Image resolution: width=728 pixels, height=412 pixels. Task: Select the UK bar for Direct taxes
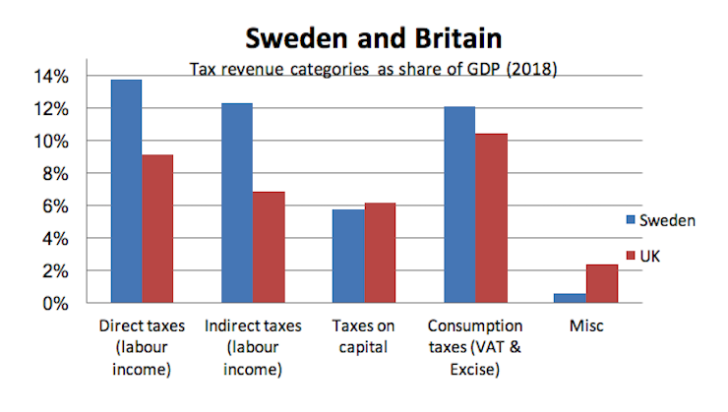pyautogui.click(x=158, y=228)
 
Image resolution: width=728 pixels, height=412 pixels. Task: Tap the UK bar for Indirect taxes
pyautogui.click(x=269, y=247)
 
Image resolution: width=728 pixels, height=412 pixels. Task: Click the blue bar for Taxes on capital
pyautogui.click(x=348, y=256)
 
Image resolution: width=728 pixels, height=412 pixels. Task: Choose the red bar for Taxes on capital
pyautogui.click(x=380, y=253)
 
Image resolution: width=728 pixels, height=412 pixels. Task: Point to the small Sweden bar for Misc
pyautogui.click(x=570, y=298)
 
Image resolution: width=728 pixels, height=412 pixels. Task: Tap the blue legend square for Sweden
pyautogui.click(x=631, y=220)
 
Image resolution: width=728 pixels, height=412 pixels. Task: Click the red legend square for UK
pyautogui.click(x=631, y=254)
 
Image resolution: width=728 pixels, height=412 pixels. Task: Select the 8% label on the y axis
pyautogui.click(x=53, y=174)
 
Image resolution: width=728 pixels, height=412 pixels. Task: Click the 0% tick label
pyautogui.click(x=53, y=304)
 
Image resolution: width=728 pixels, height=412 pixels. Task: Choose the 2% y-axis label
pyautogui.click(x=53, y=271)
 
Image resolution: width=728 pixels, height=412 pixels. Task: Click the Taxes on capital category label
pyautogui.click(x=364, y=335)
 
